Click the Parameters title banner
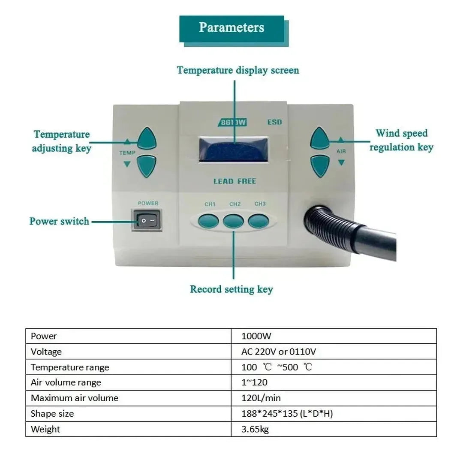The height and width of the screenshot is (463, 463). pos(231,28)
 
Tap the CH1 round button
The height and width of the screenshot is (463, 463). pos(208,221)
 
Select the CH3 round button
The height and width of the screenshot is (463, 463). pos(259,221)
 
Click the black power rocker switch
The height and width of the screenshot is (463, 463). pos(147,221)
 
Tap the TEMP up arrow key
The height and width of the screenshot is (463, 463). pos(147,138)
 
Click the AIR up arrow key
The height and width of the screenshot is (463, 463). pos(320,138)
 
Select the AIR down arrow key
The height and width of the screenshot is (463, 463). pos(320,165)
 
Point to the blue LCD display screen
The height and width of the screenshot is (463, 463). pos(234,149)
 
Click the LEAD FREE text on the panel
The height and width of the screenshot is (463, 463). pos(235,181)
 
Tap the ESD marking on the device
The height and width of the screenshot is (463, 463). pos(274,122)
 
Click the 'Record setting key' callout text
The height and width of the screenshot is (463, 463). pos(231,289)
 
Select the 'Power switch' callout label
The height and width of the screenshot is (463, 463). pos(59,221)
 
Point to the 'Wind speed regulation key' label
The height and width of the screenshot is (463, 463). pos(401,140)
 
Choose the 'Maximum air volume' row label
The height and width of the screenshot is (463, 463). pos(75,398)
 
